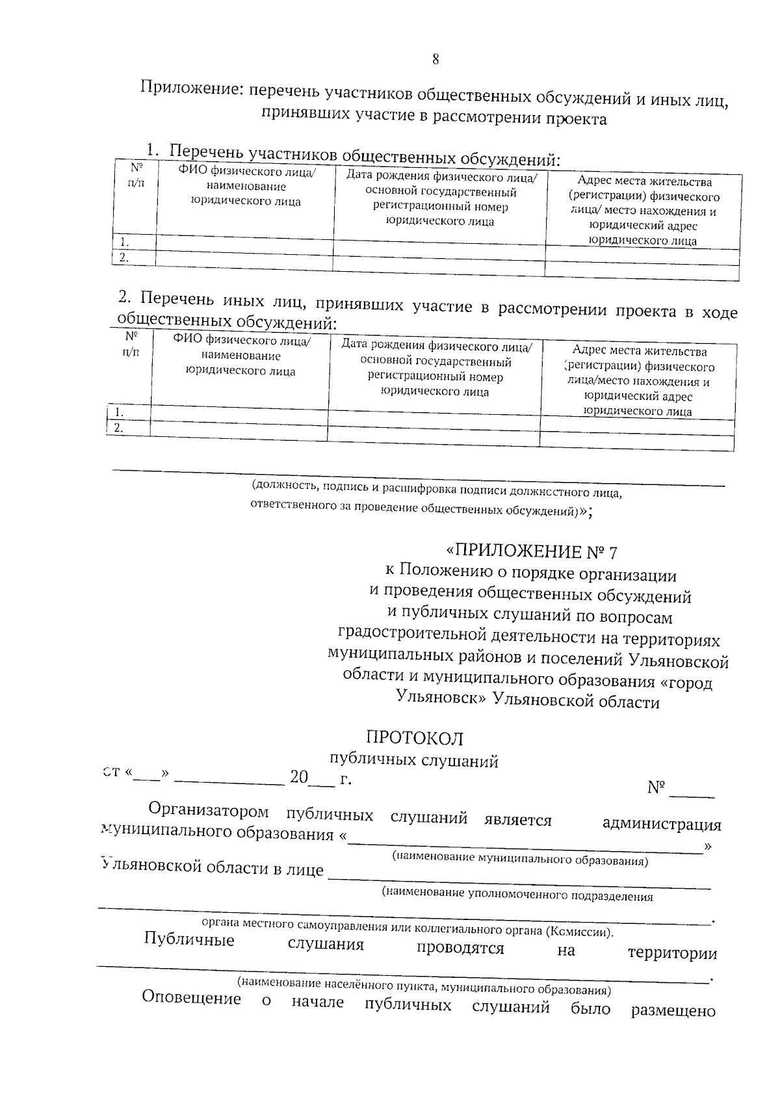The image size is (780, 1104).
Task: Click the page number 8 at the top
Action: [435, 59]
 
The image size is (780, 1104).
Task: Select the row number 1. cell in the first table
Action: [125, 243]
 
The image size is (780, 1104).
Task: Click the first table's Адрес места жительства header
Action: [643, 211]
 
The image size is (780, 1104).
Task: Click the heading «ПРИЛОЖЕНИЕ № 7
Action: [530, 552]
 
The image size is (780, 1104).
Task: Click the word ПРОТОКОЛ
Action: [415, 738]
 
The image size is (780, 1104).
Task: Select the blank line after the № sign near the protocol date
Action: [692, 795]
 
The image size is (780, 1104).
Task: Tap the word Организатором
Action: [209, 811]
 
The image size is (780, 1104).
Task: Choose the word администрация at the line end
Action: [662, 824]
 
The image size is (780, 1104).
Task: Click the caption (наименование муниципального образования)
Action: [519, 860]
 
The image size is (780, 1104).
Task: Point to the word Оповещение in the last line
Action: [191, 998]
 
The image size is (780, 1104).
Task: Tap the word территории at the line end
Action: [672, 954]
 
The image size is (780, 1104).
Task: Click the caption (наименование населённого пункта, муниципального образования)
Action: [423, 986]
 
